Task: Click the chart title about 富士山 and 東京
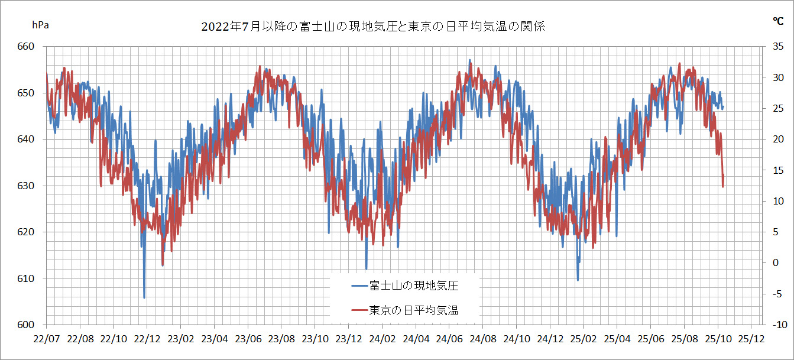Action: pos(372,27)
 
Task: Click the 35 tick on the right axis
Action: pos(778,47)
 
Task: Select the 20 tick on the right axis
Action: pos(778,140)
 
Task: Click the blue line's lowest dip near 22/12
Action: pos(144,298)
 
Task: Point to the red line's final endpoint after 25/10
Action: pos(723,187)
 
